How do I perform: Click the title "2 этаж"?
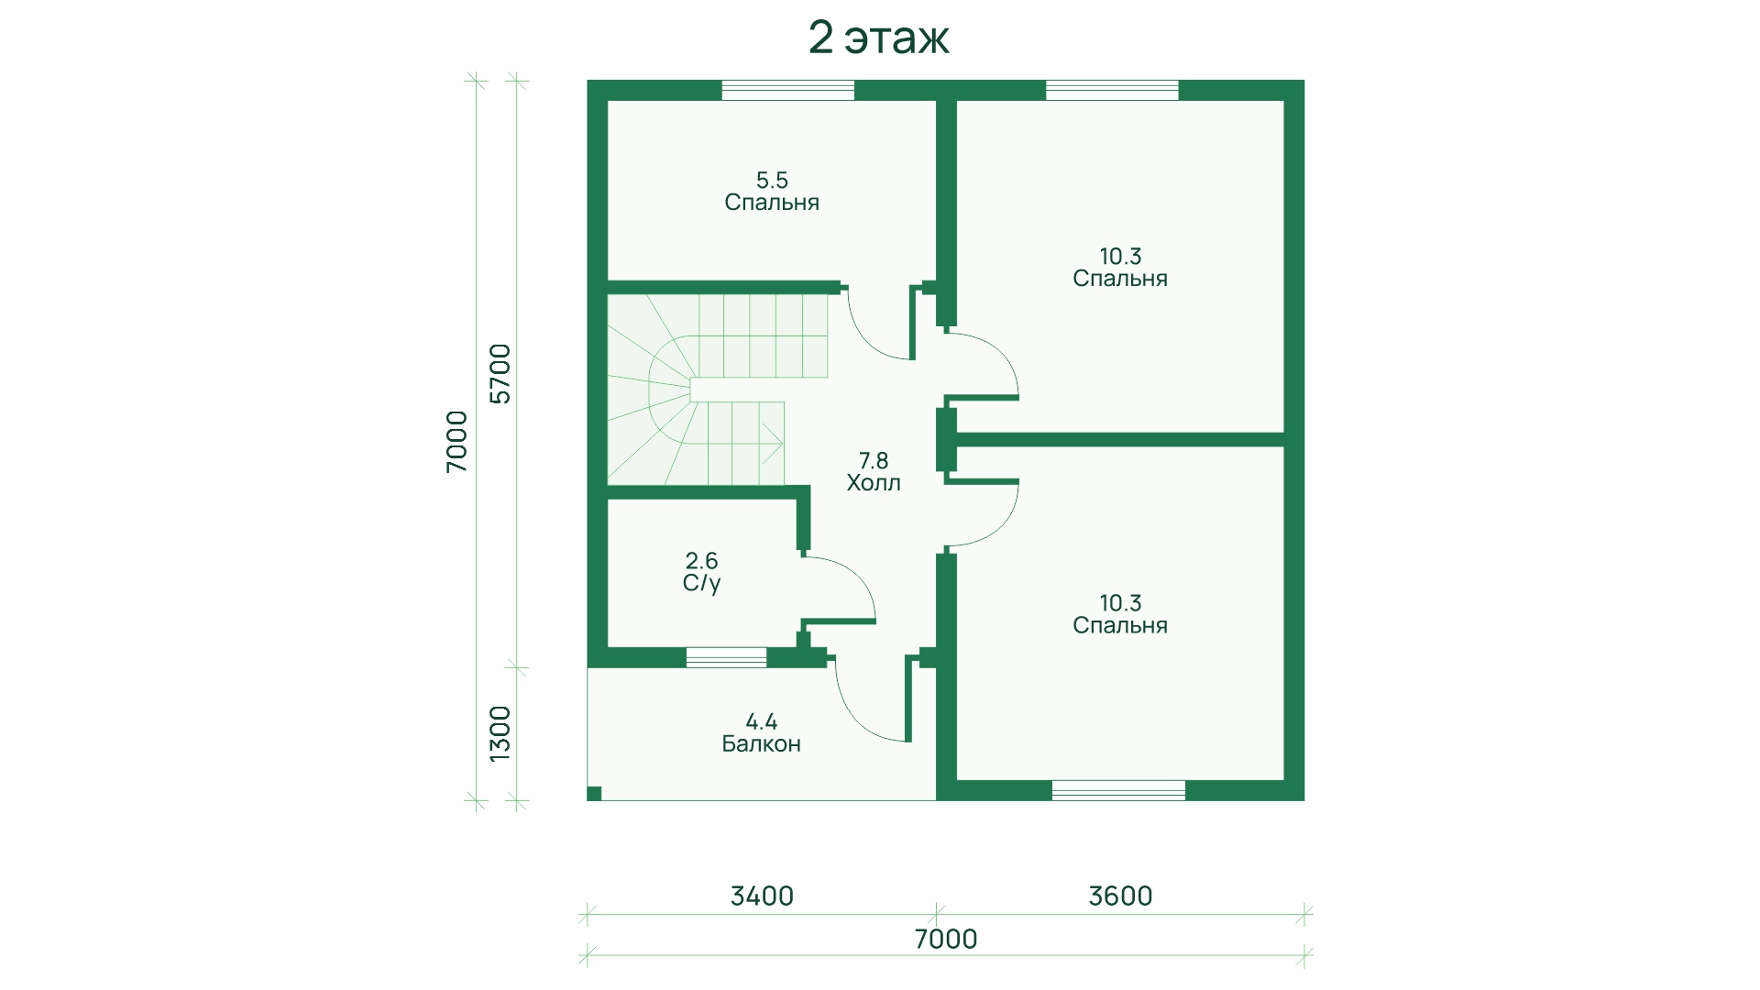[x=878, y=38]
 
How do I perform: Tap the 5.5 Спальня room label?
[x=772, y=191]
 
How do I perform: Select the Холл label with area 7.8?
[x=874, y=471]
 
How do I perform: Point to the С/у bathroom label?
[x=702, y=571]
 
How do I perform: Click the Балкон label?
[x=762, y=732]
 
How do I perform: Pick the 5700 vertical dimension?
[x=500, y=373]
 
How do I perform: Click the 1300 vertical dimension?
[x=500, y=733]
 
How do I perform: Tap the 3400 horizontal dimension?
[x=762, y=896]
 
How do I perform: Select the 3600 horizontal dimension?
[x=1120, y=896]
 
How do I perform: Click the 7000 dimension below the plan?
[x=946, y=939]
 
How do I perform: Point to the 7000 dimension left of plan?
[x=456, y=441]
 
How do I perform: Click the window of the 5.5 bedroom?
[x=788, y=90]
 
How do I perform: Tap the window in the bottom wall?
[x=1118, y=790]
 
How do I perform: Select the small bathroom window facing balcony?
[x=726, y=657]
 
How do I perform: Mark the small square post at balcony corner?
[x=594, y=793]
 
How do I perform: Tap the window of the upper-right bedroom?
[x=1112, y=90]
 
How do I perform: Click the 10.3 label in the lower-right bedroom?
[x=1120, y=603]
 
